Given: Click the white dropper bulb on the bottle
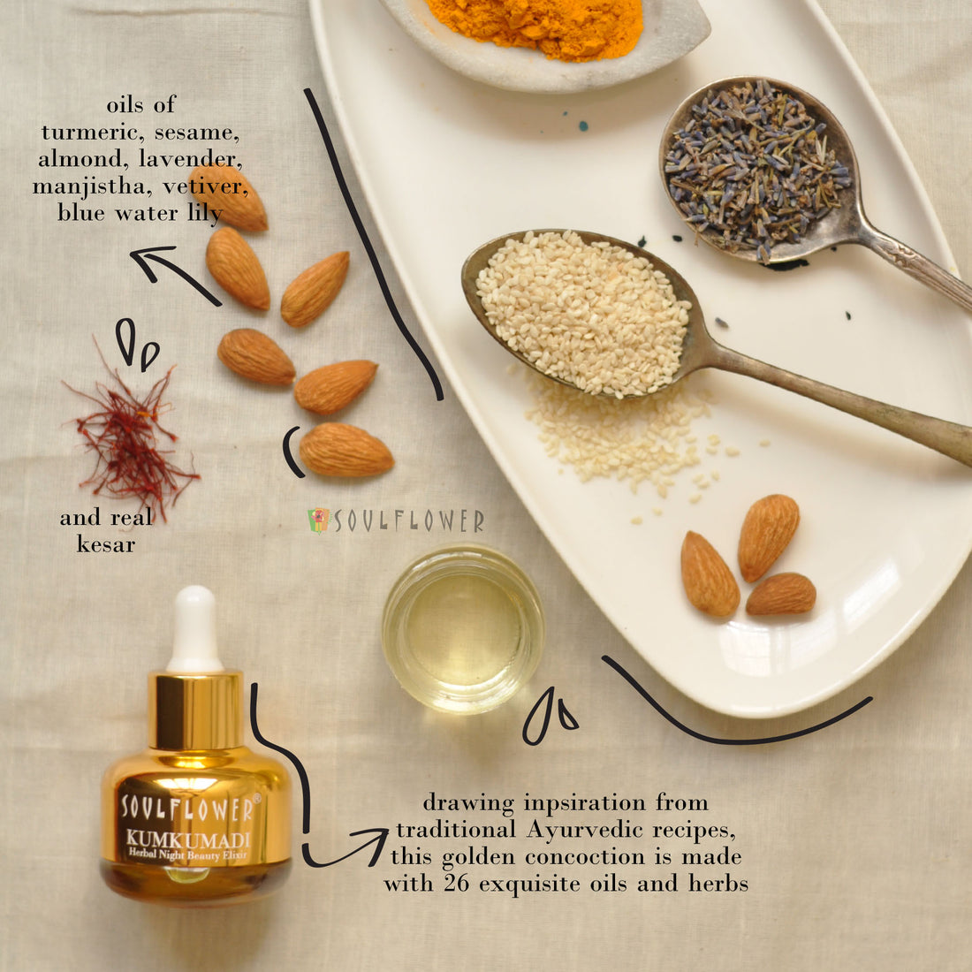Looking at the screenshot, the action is [194, 628].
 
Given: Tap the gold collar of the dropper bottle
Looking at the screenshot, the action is [196, 710].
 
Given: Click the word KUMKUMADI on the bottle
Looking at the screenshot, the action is [188, 840].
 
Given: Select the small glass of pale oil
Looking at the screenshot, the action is [463, 628].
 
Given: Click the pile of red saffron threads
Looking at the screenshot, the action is [130, 434].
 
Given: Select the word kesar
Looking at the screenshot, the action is [106, 543].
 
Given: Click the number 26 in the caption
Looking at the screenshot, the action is [456, 883].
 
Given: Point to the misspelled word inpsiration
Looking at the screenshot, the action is [585, 803].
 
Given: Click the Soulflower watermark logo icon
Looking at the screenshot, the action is [319, 520].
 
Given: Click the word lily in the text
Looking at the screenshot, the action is [205, 213].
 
